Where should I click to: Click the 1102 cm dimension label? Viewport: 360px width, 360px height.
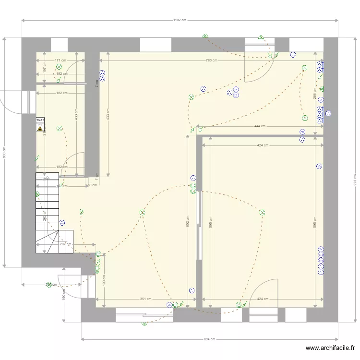tap(180, 20)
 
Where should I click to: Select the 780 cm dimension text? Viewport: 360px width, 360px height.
tap(211, 60)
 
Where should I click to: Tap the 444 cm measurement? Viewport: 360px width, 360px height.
tap(260, 126)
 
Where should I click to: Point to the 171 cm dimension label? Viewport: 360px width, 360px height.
tap(60, 60)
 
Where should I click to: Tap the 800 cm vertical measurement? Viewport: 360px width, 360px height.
tap(5, 152)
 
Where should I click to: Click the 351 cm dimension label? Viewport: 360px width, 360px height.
tap(145, 299)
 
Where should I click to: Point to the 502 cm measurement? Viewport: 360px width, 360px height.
tap(188, 220)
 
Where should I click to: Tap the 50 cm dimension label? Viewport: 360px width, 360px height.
tap(91, 185)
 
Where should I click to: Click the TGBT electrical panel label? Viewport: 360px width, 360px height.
tap(40, 120)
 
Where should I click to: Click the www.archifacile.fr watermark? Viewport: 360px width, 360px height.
tap(330, 348)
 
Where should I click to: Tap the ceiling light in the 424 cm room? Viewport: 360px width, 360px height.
tap(263, 212)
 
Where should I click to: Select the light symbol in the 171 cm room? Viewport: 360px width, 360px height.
tap(59, 67)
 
